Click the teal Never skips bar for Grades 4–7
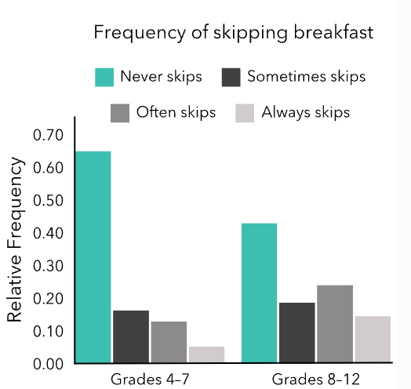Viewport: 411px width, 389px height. [93, 257]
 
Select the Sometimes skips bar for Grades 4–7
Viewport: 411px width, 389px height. [131, 336]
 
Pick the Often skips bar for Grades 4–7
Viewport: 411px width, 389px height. [169, 343]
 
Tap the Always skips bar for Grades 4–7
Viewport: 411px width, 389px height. [206, 354]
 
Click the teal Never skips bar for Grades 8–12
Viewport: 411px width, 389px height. [260, 293]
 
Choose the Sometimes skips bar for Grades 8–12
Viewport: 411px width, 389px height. [297, 333]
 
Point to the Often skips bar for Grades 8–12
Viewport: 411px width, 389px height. [335, 324]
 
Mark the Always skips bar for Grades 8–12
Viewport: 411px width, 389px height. [373, 340]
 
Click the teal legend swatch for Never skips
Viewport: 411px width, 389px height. [104, 78]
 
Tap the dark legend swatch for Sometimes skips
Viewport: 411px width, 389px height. [231, 78]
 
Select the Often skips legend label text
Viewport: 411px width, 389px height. [176, 112]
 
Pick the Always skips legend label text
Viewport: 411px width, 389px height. [306, 113]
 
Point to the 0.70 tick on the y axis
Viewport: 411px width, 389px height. [48, 135]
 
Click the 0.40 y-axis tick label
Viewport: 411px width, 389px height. [48, 233]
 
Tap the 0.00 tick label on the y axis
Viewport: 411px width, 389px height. [48, 364]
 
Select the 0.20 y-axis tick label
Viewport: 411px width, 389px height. [48, 299]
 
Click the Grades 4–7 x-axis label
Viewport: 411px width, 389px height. [150, 380]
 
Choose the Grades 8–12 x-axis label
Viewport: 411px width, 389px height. [316, 380]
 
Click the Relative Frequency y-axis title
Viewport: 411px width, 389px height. [15, 239]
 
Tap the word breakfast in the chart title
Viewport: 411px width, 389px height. [333, 32]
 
